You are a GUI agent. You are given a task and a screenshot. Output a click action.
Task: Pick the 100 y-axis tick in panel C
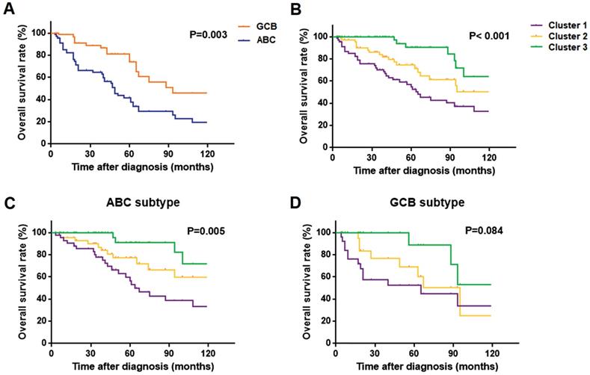click(37, 232)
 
